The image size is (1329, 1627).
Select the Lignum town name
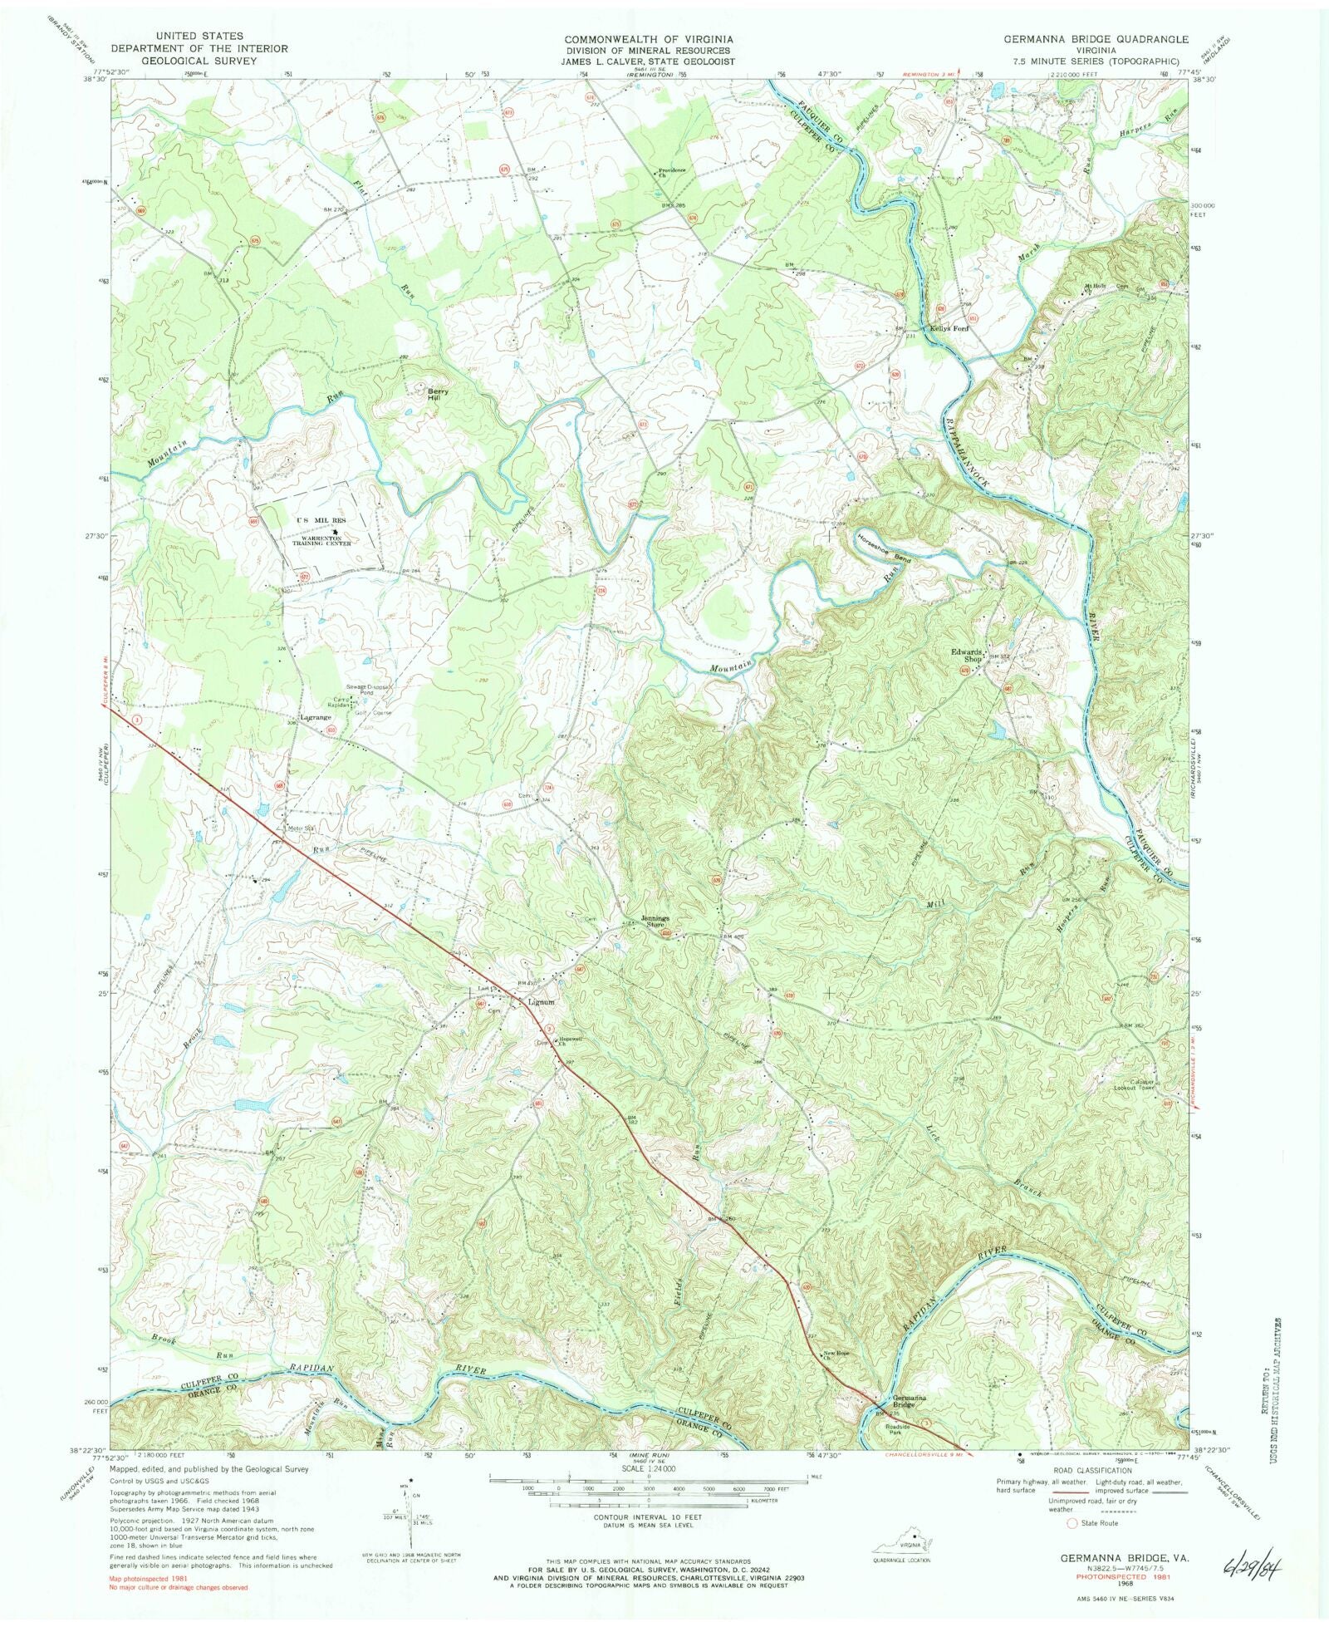click(542, 1002)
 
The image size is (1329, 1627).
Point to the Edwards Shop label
click(968, 656)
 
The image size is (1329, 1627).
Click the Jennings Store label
click(655, 921)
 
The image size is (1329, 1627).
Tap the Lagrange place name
click(316, 717)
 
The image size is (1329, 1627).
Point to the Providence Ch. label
click(672, 173)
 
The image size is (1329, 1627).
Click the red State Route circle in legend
click(1071, 1523)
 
